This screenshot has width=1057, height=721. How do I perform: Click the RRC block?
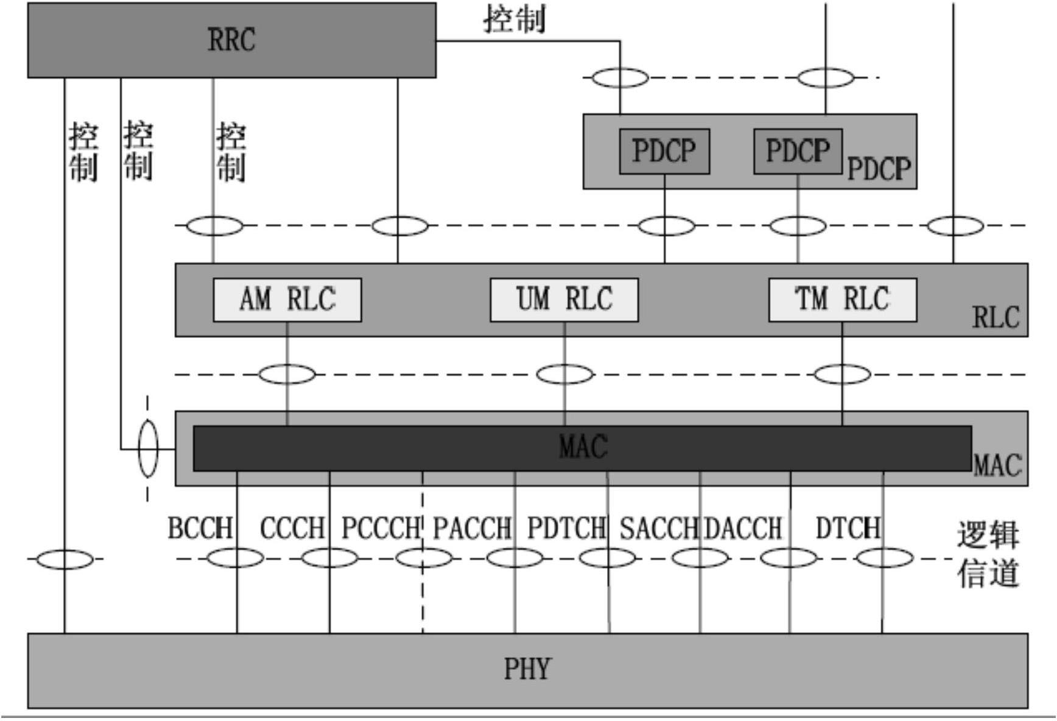[x=231, y=40]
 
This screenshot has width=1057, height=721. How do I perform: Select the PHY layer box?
[x=527, y=670]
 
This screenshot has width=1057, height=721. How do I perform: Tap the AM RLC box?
[x=287, y=300]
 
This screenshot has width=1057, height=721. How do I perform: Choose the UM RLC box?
[x=564, y=300]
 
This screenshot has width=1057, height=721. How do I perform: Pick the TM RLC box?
[x=842, y=300]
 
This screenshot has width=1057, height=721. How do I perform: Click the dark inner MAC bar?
[x=582, y=448]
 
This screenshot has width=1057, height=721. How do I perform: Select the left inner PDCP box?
[x=664, y=151]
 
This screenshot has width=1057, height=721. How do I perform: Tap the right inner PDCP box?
[x=798, y=151]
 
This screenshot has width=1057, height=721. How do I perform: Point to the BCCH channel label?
[x=200, y=529]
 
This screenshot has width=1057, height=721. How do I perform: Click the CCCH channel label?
[x=292, y=529]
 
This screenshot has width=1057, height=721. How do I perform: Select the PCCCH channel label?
[x=381, y=529]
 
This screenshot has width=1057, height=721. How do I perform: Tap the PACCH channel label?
[x=472, y=529]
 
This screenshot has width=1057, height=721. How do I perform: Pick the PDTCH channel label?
[x=566, y=529]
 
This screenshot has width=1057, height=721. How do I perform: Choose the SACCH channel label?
[x=659, y=529]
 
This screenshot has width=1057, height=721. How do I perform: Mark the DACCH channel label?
[x=743, y=529]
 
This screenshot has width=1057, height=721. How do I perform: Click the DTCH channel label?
[x=848, y=529]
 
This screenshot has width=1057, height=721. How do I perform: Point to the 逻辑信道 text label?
[x=988, y=554]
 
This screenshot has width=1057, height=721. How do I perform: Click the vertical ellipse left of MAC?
[x=148, y=449]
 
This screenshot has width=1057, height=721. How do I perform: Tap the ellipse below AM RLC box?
[x=287, y=374]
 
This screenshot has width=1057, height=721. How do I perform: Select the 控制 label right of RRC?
[x=514, y=19]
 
